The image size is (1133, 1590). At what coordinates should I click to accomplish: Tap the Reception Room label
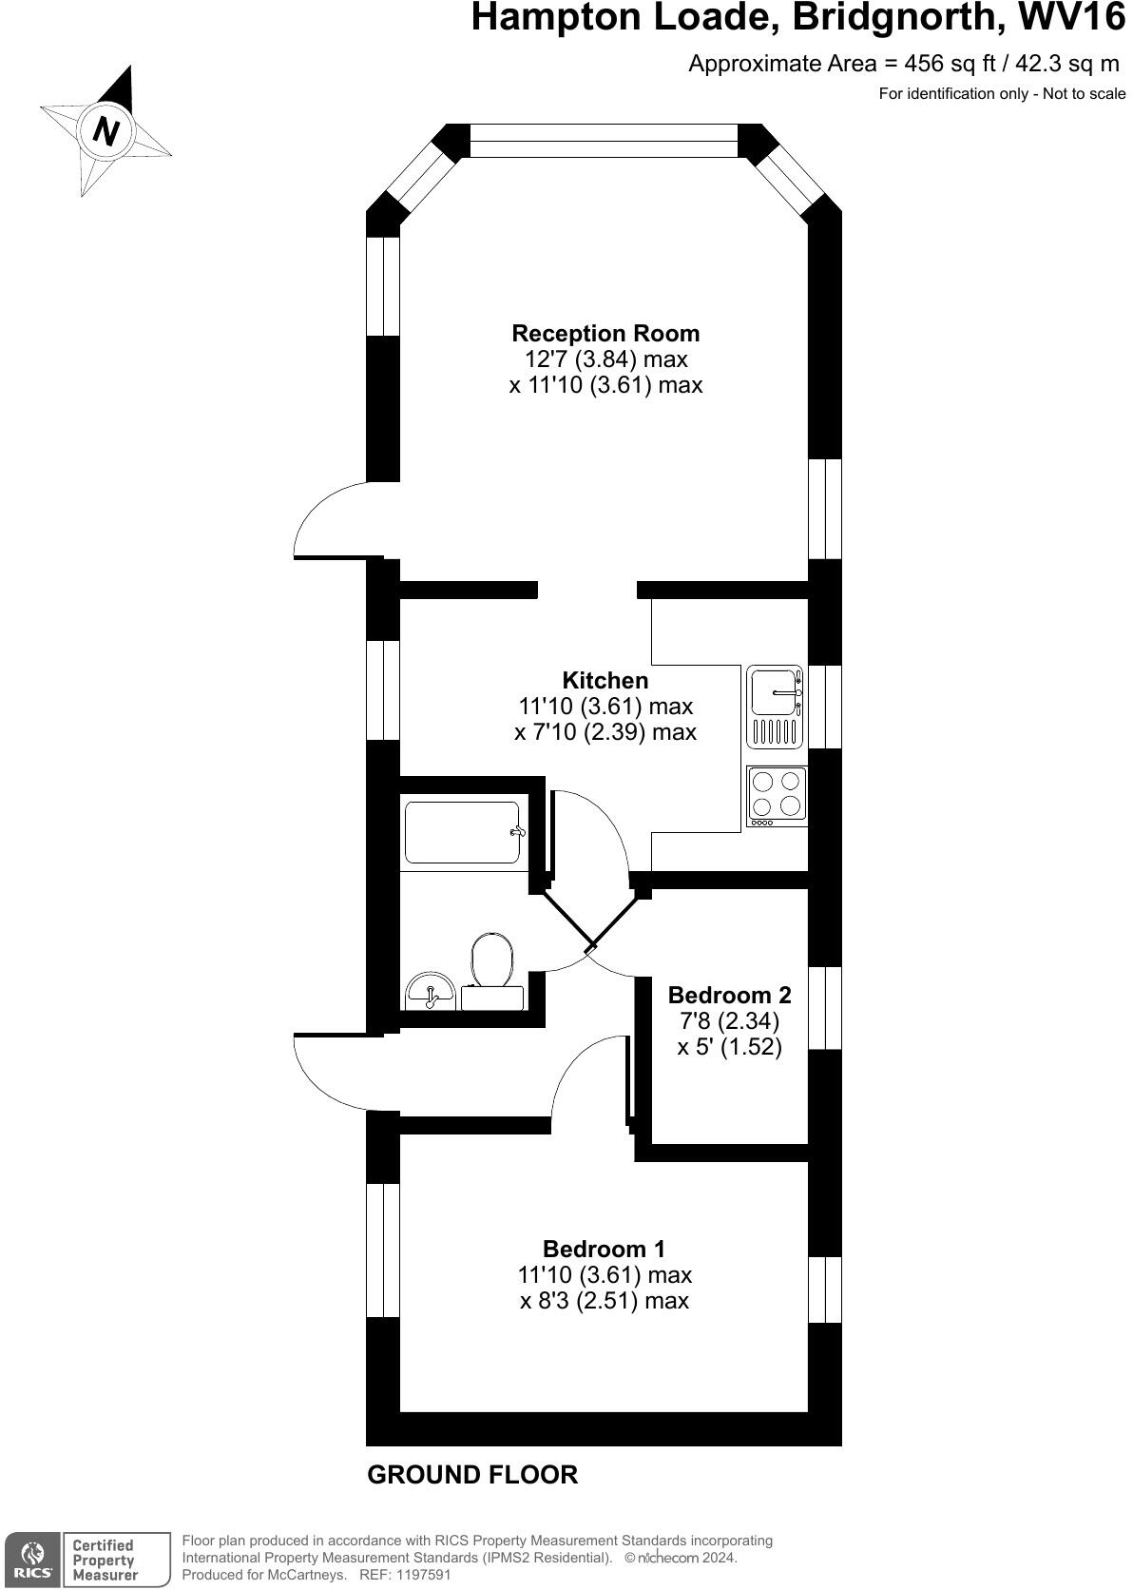click(605, 334)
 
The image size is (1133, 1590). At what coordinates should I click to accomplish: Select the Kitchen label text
click(605, 681)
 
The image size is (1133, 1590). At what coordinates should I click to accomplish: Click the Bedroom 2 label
click(729, 996)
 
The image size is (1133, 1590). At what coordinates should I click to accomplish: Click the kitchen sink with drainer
click(777, 706)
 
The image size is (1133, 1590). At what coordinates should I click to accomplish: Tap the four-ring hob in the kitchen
click(777, 795)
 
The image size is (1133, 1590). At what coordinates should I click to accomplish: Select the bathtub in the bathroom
click(462, 832)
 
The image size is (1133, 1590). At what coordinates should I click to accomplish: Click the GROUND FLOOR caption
click(472, 1475)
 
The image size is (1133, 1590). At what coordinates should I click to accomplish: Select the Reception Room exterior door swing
click(328, 521)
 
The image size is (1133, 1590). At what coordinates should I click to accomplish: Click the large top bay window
click(604, 142)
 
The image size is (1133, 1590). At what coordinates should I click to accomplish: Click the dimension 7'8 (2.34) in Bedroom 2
click(729, 1021)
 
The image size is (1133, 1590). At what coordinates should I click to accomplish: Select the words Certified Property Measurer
click(105, 1560)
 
